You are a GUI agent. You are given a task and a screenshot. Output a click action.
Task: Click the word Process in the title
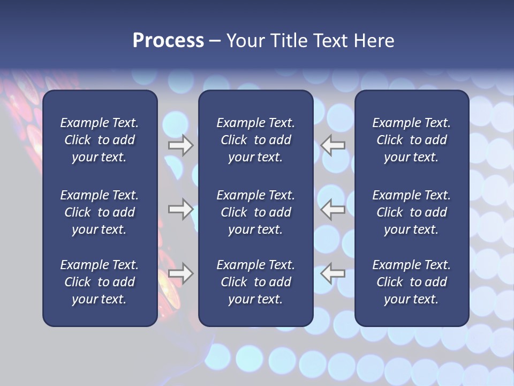(168, 41)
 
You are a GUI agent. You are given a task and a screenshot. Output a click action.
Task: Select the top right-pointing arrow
(181, 145)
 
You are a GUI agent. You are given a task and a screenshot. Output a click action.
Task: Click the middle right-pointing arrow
(181, 209)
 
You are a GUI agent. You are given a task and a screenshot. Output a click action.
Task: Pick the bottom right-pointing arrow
(181, 273)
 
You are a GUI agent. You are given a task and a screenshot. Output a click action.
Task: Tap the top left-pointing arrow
(333, 145)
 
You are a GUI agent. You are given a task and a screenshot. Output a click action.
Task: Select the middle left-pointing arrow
(333, 209)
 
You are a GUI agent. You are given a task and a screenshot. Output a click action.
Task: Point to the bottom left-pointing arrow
(333, 273)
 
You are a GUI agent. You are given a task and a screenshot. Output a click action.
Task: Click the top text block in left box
(100, 140)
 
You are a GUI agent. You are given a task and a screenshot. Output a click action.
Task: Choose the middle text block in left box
(100, 212)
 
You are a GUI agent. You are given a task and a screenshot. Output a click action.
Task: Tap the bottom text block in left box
(100, 282)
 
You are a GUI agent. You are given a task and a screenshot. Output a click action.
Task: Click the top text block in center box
(256, 140)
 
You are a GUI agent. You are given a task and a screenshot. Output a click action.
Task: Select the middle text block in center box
(256, 212)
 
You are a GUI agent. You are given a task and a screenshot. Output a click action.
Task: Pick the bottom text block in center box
(256, 282)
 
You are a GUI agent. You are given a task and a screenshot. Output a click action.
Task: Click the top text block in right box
(412, 140)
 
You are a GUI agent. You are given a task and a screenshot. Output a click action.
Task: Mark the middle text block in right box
(412, 212)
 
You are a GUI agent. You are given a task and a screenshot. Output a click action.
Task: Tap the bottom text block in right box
(412, 282)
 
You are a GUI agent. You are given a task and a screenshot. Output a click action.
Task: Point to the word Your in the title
(245, 41)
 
